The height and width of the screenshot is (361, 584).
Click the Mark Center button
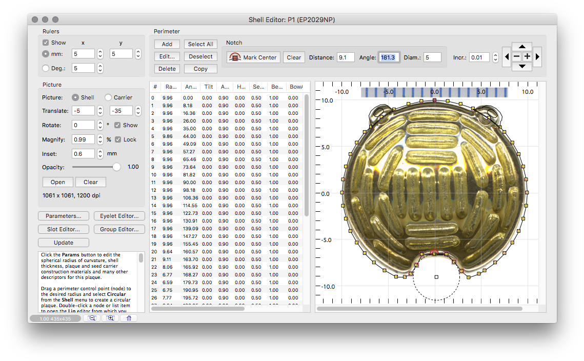point(254,57)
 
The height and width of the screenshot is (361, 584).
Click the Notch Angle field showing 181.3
point(389,57)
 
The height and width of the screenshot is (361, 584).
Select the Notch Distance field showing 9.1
point(345,57)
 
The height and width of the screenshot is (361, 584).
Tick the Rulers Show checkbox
point(46,43)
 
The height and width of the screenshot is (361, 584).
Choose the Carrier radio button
point(108,97)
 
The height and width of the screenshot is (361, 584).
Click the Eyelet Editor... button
point(119,216)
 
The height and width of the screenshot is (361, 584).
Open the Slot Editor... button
point(63,229)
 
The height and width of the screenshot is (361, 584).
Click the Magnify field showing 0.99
point(83,139)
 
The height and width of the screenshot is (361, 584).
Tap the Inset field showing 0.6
point(83,153)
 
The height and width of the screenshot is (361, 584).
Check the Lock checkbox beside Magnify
point(118,139)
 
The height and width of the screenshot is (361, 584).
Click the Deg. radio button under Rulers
point(46,68)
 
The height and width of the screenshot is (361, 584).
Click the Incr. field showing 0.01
point(479,57)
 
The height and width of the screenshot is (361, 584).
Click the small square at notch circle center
point(436,277)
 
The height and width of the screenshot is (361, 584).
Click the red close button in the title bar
point(35,19)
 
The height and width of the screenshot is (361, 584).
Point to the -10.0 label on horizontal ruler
point(341,92)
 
